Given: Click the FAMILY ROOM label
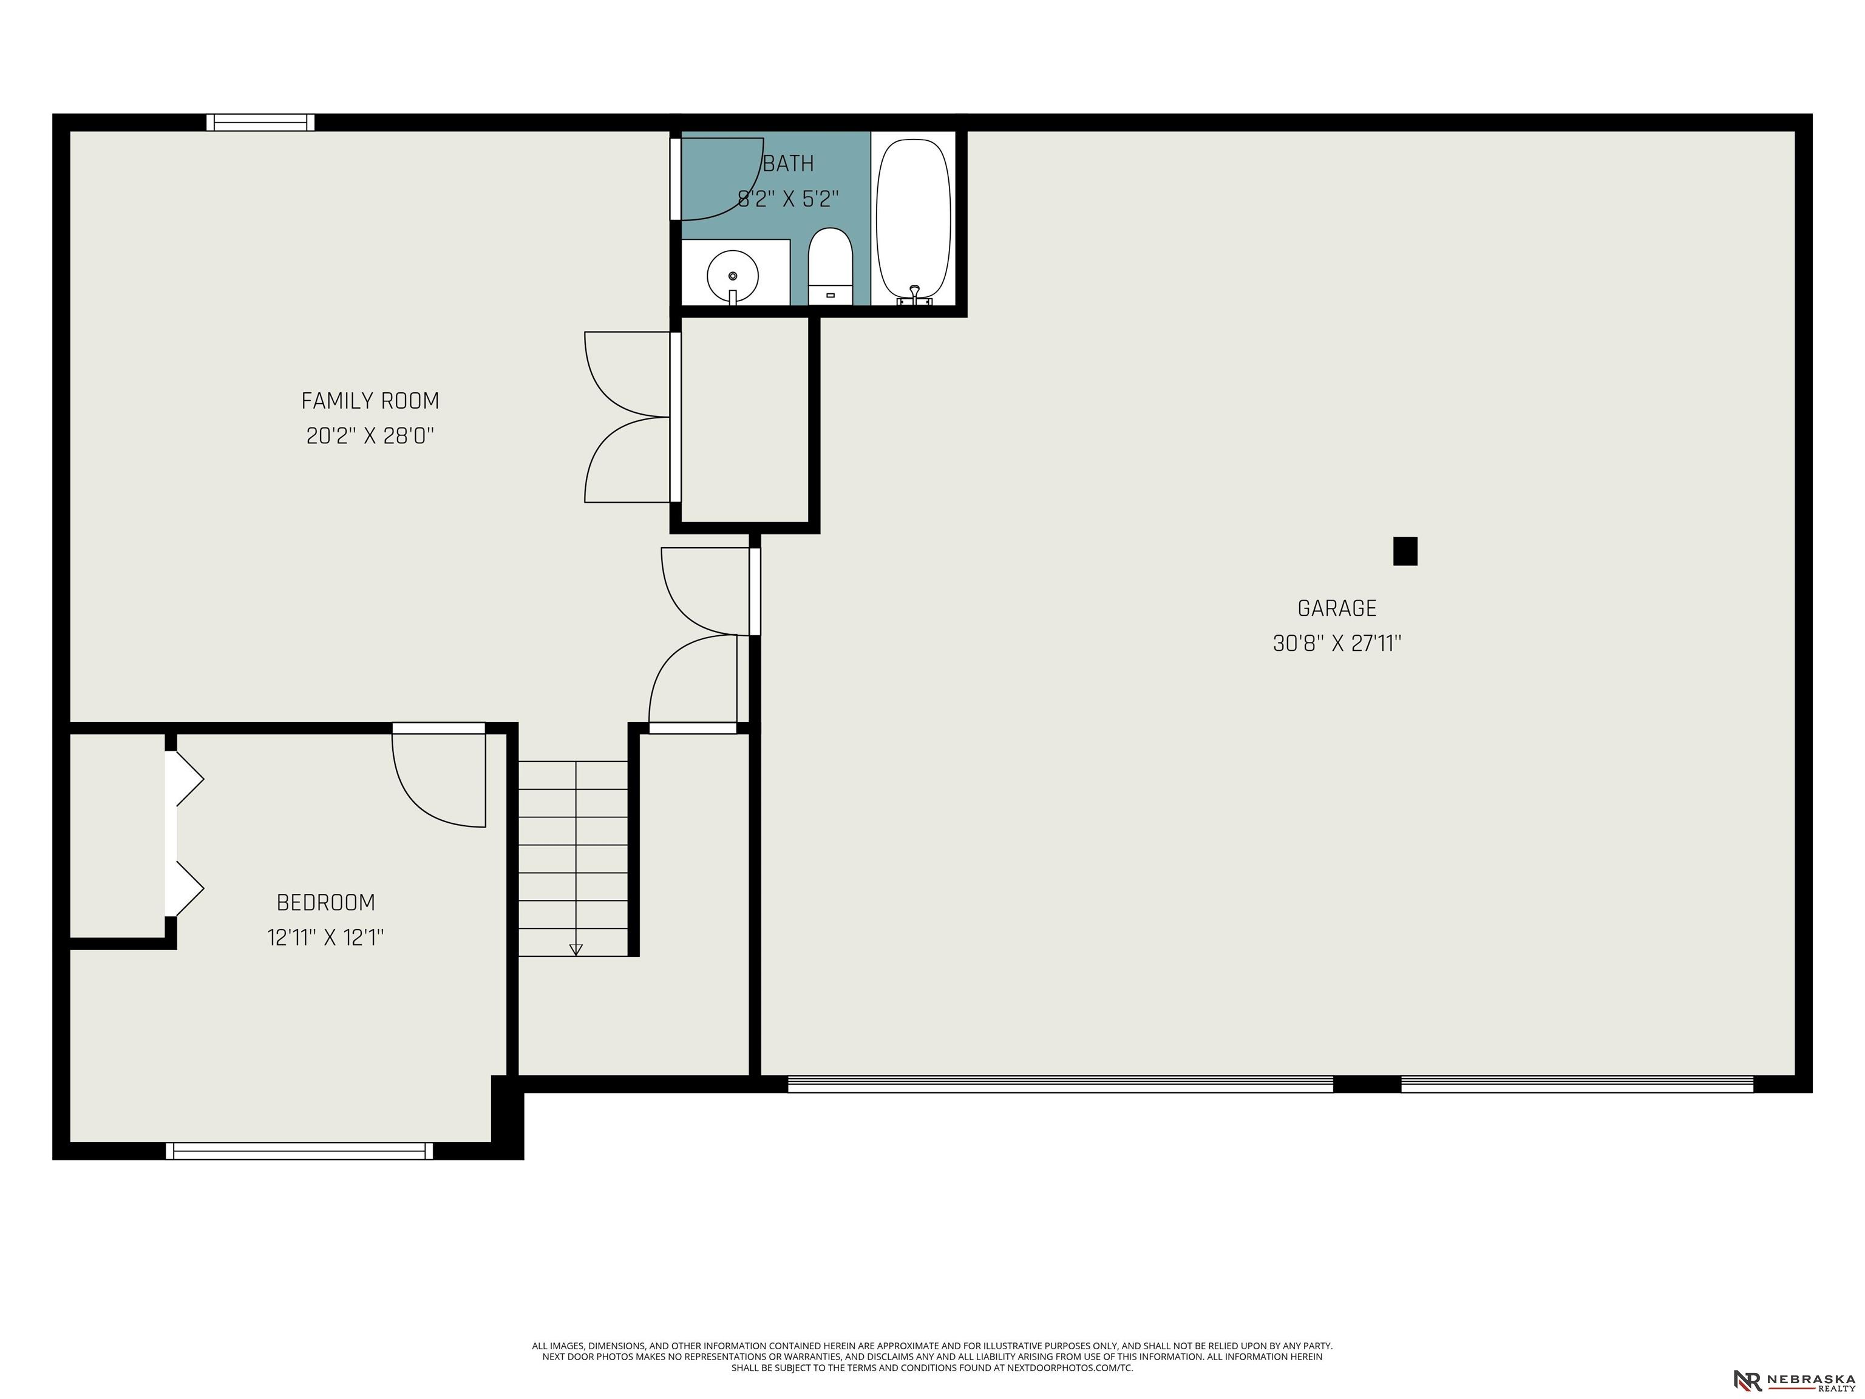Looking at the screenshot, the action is tap(370, 401).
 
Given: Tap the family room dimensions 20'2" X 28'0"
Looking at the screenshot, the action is tap(370, 436).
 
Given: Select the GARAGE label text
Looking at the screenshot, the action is tap(1337, 608).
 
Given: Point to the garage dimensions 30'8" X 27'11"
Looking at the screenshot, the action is tap(1337, 644).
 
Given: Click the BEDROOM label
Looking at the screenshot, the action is tap(326, 902).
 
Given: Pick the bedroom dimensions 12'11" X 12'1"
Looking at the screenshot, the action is tap(326, 938).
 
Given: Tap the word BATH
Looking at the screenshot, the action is tap(789, 163).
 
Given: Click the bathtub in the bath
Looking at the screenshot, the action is tap(914, 219).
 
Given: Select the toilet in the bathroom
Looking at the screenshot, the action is tap(831, 267).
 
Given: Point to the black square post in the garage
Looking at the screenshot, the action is tap(1405, 551).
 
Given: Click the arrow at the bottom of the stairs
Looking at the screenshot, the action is tap(576, 950).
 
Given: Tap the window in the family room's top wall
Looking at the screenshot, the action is tap(260, 122).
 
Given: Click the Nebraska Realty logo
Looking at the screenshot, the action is tap(1794, 1357).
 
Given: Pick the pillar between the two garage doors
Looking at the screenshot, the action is tap(1367, 1084).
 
